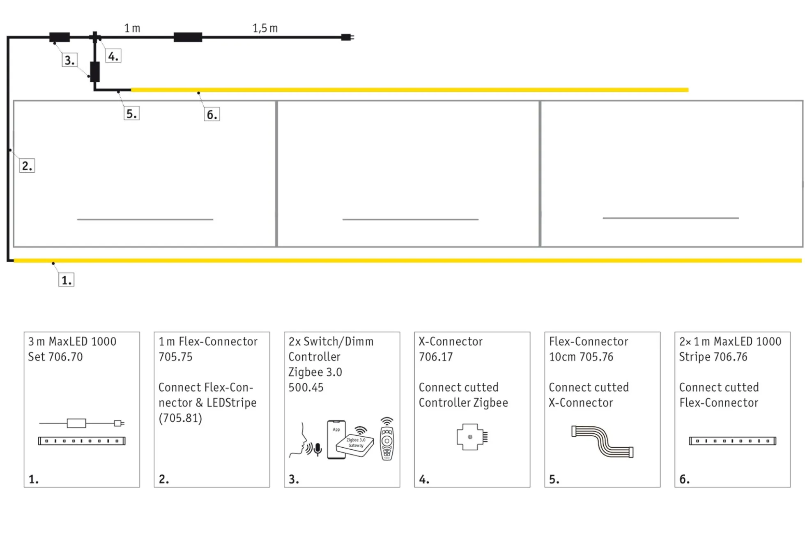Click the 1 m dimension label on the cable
[132, 28]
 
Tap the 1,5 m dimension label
[265, 28]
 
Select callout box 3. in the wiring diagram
[69, 60]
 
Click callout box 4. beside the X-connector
[113, 56]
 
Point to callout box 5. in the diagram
[131, 113]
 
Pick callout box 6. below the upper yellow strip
[212, 114]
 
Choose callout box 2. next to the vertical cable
[27, 166]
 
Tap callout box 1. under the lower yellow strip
[66, 280]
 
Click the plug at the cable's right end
[347, 37]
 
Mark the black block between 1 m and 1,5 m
[188, 37]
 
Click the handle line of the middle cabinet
[410, 219]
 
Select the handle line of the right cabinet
[670, 217]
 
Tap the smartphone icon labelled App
[336, 439]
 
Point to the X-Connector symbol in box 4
[471, 437]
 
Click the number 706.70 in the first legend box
[65, 356]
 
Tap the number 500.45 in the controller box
[306, 387]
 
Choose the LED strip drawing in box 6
[732, 441]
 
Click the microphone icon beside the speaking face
[317, 449]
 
